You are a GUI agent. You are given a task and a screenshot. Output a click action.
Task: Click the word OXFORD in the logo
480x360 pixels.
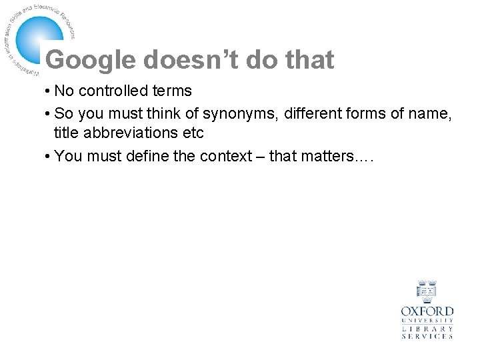point(427,311)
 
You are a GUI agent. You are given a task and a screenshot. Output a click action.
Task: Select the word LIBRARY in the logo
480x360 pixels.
point(427,329)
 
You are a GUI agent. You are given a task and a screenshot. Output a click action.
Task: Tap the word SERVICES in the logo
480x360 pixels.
point(427,336)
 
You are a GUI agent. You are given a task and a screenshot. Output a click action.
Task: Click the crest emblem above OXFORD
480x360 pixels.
point(427,291)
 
